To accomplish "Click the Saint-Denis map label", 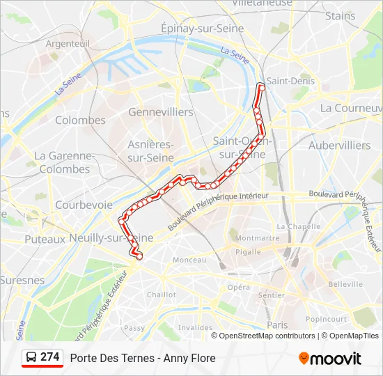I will (x=290, y=81).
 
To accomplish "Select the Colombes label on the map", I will (x=80, y=120).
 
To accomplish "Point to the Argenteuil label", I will (x=68, y=43).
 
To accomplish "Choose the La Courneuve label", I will (x=351, y=108).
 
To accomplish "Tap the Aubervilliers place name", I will (x=340, y=145).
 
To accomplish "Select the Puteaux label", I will (x=45, y=239).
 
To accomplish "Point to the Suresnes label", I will (x=22, y=281).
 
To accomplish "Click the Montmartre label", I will (x=258, y=237).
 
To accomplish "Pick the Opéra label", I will (x=238, y=287).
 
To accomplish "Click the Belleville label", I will (x=345, y=284).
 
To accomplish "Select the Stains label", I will (x=340, y=15).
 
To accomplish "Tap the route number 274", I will (x=50, y=357).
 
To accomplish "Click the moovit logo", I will (x=330, y=359).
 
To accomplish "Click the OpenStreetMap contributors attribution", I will (x=267, y=336).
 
